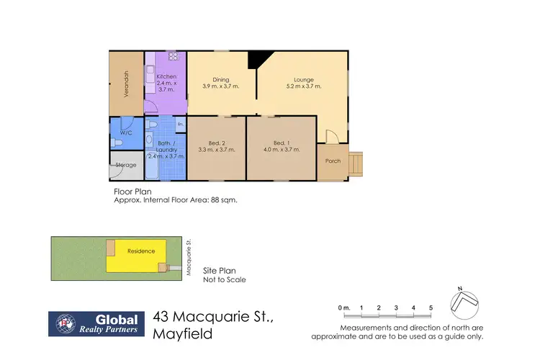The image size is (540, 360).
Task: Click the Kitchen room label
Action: point(166,76)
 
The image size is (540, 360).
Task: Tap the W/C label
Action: point(125,132)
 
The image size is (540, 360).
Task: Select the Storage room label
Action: point(126,165)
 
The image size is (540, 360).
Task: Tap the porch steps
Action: point(356,165)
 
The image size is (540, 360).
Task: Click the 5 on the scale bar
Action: point(431,308)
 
